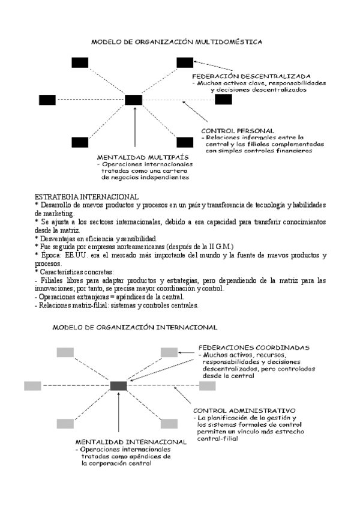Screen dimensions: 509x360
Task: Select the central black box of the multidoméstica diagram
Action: click(133, 100)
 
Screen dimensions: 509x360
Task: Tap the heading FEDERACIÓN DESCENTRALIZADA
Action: click(251, 76)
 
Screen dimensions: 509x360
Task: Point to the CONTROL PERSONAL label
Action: click(238, 130)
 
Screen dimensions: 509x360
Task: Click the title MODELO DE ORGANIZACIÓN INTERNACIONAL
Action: click(135, 328)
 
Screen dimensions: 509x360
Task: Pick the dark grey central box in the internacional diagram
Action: click(118, 386)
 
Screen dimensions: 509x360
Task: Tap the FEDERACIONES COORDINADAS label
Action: click(254, 348)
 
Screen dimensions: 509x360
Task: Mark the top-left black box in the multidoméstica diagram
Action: click(80, 62)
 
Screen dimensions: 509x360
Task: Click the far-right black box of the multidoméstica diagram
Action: click(223, 100)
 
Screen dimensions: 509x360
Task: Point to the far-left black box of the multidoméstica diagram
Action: click(47, 100)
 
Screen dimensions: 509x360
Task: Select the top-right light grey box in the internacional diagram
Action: click(169, 352)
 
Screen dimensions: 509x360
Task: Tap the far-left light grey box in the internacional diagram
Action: click(32, 386)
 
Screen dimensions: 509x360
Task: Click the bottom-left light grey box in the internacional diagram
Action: click(65, 423)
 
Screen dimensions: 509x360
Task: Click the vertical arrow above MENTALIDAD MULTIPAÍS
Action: click(137, 127)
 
